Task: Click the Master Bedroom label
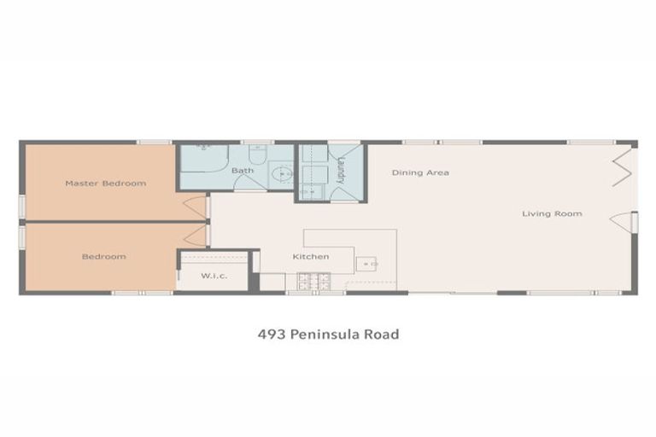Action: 106,184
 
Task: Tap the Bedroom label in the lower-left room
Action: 104,257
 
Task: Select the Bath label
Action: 243,171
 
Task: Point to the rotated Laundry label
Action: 340,169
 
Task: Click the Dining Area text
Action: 420,172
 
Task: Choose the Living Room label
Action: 552,213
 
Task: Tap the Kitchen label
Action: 311,257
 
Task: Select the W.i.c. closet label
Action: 213,276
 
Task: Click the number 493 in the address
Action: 272,335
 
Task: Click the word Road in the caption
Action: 382,335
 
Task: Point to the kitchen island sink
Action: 367,265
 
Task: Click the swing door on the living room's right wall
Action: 621,221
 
